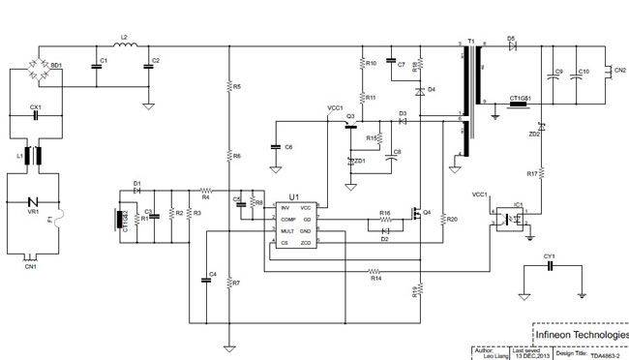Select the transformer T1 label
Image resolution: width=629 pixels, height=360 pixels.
471,42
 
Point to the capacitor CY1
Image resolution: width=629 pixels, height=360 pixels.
550,267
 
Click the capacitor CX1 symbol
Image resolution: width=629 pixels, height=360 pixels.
36,115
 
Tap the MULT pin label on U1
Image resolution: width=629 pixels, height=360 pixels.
287,231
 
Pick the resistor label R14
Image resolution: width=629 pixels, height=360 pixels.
375,279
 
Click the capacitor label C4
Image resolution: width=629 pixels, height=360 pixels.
212,275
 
